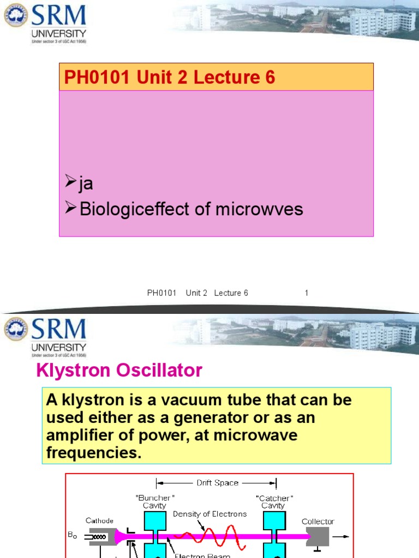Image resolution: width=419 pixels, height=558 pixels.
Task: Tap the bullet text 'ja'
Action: [86, 183]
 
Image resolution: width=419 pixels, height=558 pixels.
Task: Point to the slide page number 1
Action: [307, 293]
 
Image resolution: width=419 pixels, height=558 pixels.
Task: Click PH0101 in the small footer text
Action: [162, 293]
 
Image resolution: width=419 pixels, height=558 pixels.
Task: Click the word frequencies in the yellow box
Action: [94, 453]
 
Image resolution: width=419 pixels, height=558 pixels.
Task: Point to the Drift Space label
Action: [217, 483]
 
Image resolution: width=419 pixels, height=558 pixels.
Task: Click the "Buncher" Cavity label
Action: [154, 502]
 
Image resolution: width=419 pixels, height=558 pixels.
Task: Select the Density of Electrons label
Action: [210, 514]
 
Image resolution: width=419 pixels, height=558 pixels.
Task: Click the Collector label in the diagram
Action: [318, 521]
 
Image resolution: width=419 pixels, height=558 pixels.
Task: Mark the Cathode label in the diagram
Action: [99, 520]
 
